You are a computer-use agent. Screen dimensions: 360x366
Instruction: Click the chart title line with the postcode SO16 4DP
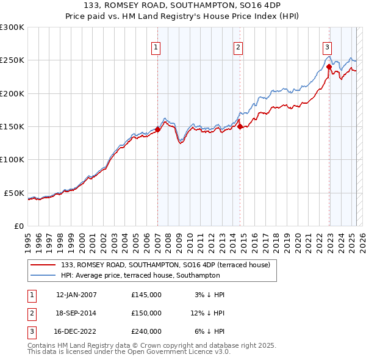pyautogui.click(x=183, y=7)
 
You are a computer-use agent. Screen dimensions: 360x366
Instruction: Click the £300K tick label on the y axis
pyautogui.click(x=12, y=27)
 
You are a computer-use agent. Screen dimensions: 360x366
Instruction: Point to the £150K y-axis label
pyautogui.click(x=12, y=126)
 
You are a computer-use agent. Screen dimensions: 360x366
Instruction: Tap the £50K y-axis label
pyautogui.click(x=14, y=193)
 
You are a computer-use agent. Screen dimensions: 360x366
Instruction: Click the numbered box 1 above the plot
pyautogui.click(x=156, y=48)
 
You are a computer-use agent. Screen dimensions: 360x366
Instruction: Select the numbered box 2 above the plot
pyautogui.click(x=238, y=48)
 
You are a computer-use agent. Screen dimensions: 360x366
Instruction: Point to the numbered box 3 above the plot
pyautogui.click(x=327, y=48)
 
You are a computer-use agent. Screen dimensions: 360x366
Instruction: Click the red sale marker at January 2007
pyautogui.click(x=157, y=129)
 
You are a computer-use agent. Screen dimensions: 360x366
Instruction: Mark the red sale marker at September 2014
pyautogui.click(x=240, y=126)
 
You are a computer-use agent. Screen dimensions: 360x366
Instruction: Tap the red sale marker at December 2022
pyautogui.click(x=329, y=67)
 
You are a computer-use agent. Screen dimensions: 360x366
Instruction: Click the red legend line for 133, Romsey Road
pyautogui.click(x=44, y=265)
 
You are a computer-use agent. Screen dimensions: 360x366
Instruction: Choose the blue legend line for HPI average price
pyautogui.click(x=44, y=275)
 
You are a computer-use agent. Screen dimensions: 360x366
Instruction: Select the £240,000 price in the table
pyautogui.click(x=146, y=331)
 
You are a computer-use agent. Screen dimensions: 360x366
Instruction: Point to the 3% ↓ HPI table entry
pyautogui.click(x=210, y=295)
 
